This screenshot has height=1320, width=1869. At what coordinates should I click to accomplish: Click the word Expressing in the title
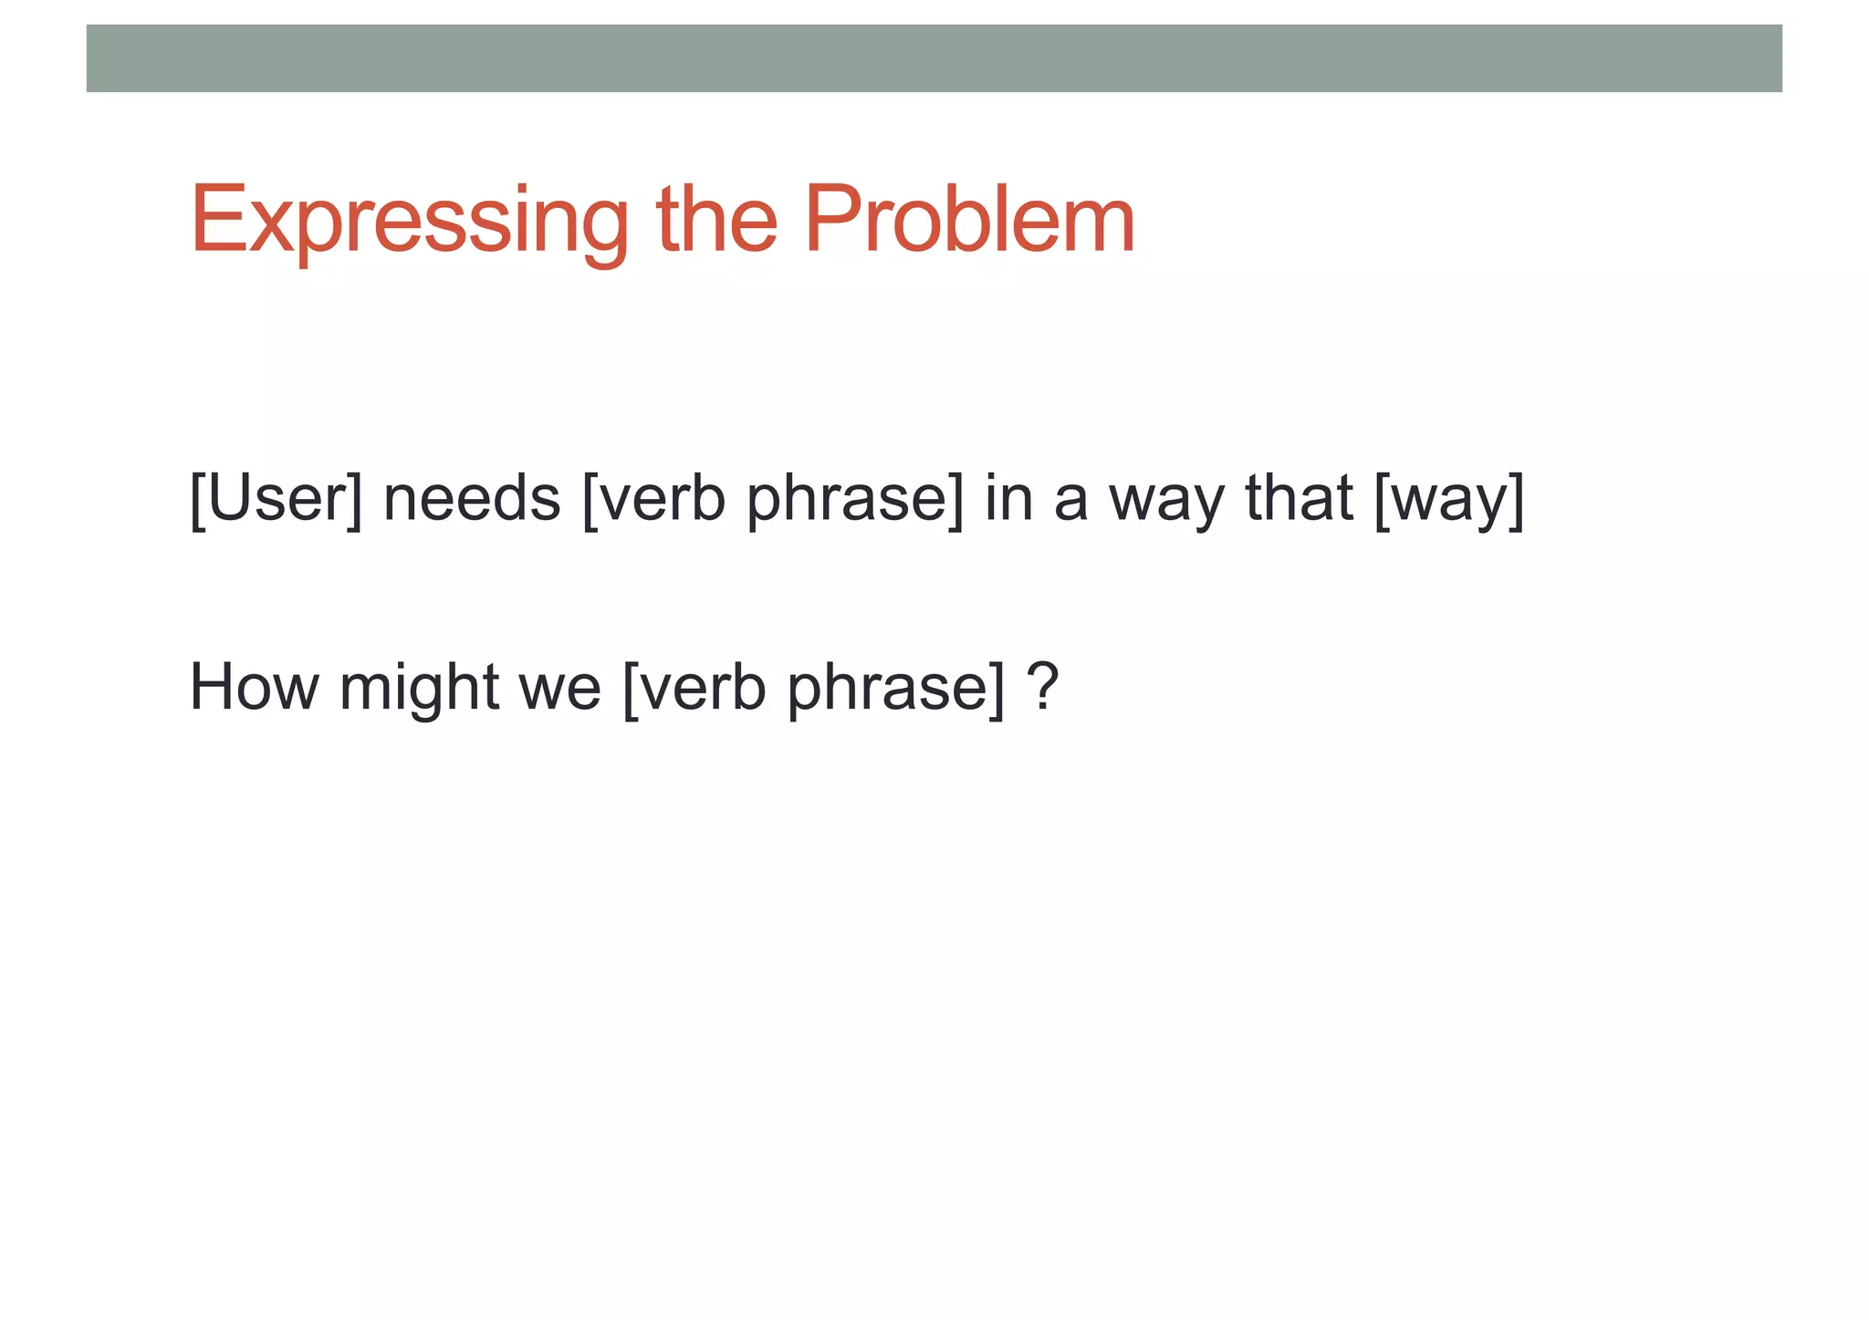pos(409,221)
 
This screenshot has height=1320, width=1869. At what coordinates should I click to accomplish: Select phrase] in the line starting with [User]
pos(854,500)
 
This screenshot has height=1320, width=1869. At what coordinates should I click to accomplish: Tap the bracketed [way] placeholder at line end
pos(1448,500)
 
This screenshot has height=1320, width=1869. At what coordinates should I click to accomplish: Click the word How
pos(254,686)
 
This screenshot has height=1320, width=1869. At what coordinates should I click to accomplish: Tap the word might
pos(418,688)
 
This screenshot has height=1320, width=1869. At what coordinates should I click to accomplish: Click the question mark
pos(1042,686)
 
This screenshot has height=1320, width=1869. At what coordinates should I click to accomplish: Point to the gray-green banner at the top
pos(934,58)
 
